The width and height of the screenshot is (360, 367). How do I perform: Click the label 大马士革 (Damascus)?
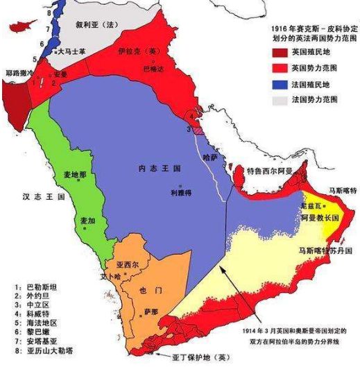73,51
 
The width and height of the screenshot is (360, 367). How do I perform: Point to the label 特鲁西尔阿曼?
266,169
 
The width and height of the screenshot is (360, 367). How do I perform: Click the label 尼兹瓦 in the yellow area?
309,207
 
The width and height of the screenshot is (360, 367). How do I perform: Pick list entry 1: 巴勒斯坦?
33,287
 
